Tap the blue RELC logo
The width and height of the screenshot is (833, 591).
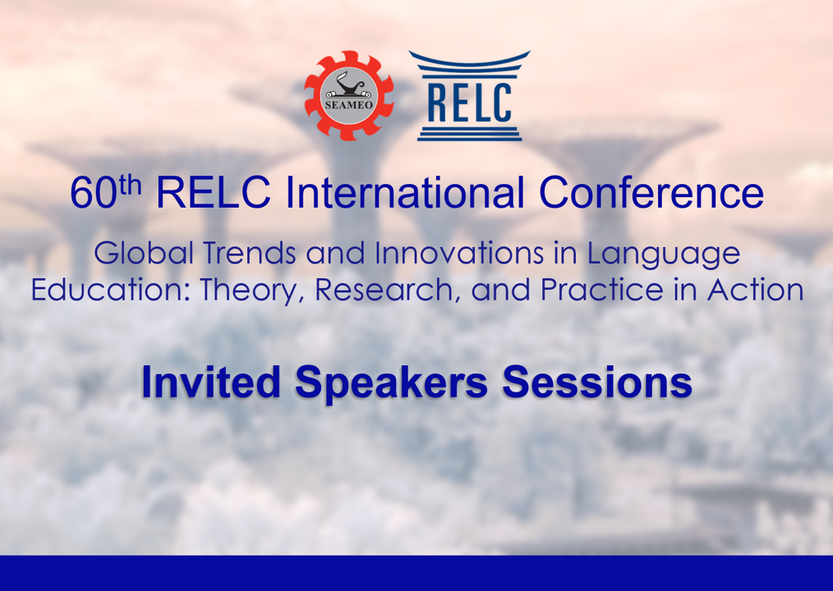pos(469,95)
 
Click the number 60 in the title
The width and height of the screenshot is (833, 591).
pos(94,192)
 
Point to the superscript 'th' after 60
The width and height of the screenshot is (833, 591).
pos(130,185)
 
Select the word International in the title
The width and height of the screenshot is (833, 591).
pos(405,192)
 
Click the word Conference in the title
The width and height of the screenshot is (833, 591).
pos(651,192)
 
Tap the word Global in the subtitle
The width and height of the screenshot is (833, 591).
pos(144,253)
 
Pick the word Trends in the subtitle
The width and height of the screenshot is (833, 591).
pos(250,253)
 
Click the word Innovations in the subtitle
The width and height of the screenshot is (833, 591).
pos(459,253)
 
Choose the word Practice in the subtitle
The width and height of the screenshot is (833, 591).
pos(602,290)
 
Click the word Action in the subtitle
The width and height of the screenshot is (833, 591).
pos(756,290)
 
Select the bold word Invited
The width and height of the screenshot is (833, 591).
pos(210,381)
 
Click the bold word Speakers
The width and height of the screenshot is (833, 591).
pos(391,384)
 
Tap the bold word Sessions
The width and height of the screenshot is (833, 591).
pos(597,381)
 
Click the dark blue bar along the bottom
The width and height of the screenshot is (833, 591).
pos(416,573)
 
